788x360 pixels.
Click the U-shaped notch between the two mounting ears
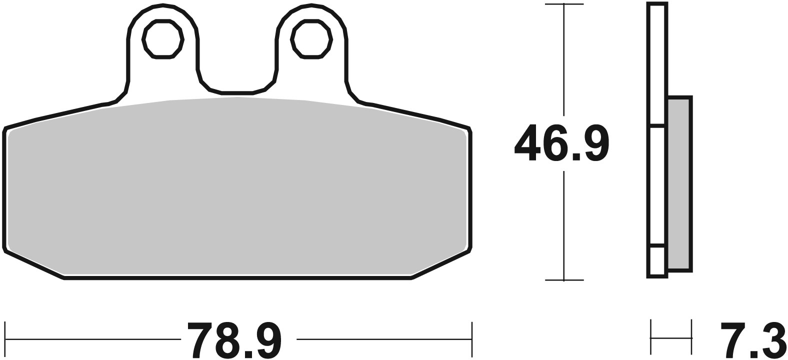(237, 80)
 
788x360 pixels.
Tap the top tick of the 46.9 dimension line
(564, 4)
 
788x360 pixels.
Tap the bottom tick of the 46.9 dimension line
(564, 280)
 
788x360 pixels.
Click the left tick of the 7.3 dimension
(651, 336)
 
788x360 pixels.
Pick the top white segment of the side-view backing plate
(657, 62)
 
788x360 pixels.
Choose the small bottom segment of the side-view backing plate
(657, 260)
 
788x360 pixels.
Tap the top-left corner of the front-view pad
(6, 130)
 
